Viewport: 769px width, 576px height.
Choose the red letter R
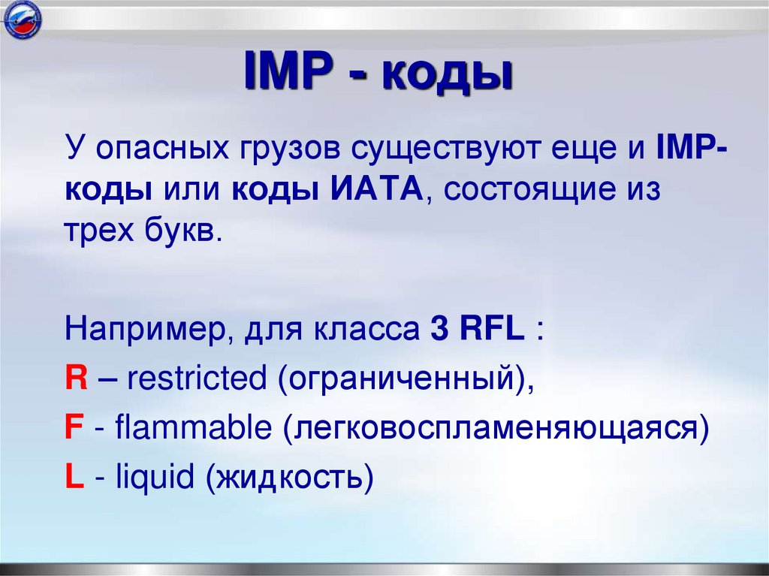pos(74,379)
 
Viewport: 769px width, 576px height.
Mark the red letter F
pos(73,429)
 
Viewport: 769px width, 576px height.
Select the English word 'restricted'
pos(197,379)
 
